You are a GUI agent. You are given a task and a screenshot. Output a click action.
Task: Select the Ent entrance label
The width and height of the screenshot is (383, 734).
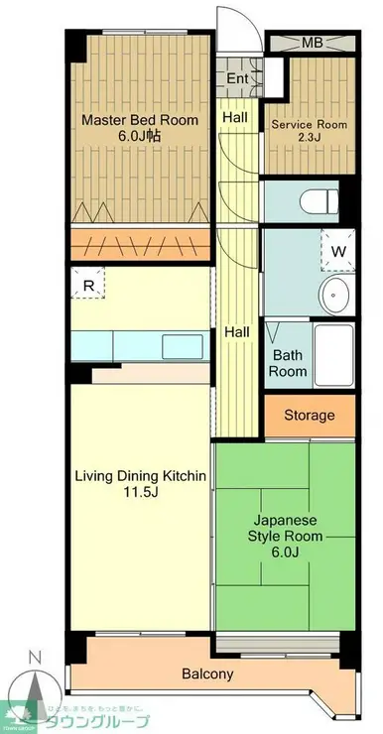[x=237, y=78]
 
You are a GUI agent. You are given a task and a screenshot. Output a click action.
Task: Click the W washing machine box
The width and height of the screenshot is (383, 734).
[x=337, y=251]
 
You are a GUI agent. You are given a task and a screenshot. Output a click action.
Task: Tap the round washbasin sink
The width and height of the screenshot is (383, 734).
[x=337, y=295]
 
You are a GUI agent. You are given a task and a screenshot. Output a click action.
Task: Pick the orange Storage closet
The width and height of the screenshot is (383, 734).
[x=310, y=415]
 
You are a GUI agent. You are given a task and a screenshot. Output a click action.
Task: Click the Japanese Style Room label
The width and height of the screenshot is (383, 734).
[x=286, y=536]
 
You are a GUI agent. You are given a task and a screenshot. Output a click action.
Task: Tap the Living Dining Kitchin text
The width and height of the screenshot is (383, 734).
[x=141, y=476]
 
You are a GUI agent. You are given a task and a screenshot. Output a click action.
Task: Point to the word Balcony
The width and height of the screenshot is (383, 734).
[x=207, y=674]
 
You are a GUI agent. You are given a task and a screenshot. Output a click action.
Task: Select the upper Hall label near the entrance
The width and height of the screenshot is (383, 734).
[x=235, y=117]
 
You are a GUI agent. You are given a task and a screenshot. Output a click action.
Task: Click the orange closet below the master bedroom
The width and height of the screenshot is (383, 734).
[x=139, y=245]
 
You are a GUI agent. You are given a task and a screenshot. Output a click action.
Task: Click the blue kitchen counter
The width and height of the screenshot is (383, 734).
[x=139, y=344]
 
